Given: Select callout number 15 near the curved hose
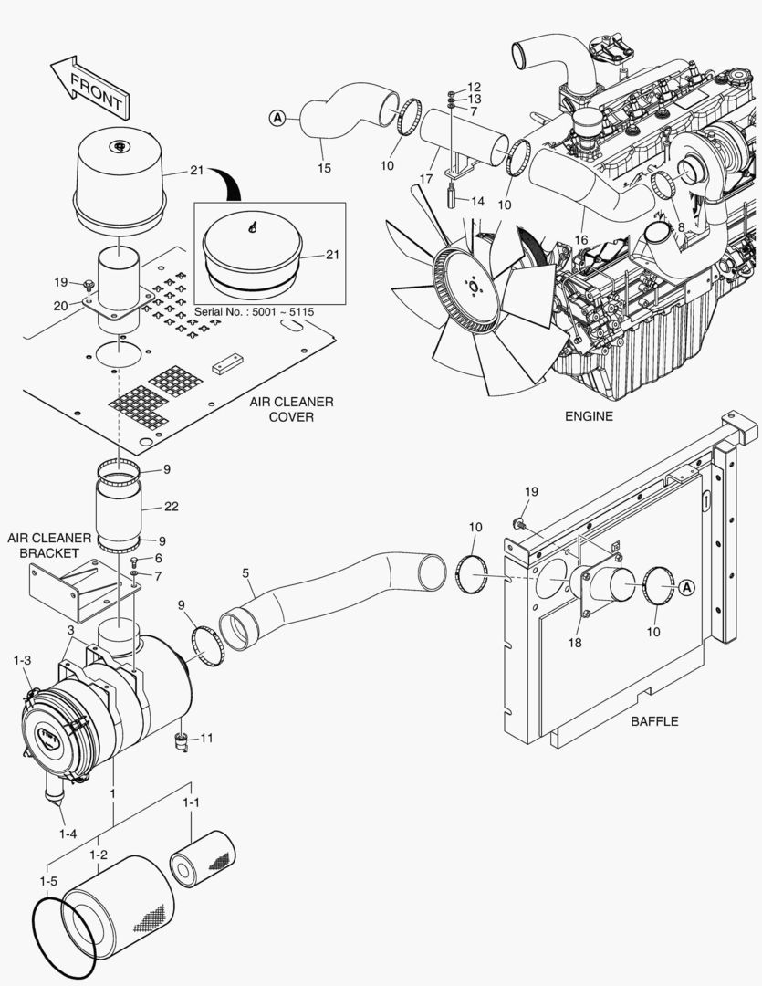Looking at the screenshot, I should click(x=324, y=168).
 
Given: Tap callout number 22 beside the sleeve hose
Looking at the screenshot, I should click(x=172, y=505).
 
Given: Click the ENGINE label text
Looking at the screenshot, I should click(x=589, y=416).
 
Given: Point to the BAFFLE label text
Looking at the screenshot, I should click(x=654, y=721).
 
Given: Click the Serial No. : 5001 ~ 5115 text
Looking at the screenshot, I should click(x=254, y=312).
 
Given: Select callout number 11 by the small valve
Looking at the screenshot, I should click(x=206, y=738).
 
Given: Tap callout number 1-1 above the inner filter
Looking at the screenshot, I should click(x=191, y=802).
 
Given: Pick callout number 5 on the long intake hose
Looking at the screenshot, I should click(x=245, y=573).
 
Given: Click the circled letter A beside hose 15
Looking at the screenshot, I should click(x=278, y=117).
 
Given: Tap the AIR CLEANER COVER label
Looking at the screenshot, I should click(x=291, y=409).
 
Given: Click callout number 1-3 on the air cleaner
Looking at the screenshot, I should click(x=22, y=660).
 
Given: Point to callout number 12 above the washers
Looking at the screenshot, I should click(x=474, y=86).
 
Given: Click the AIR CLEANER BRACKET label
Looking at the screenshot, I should click(x=44, y=546).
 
